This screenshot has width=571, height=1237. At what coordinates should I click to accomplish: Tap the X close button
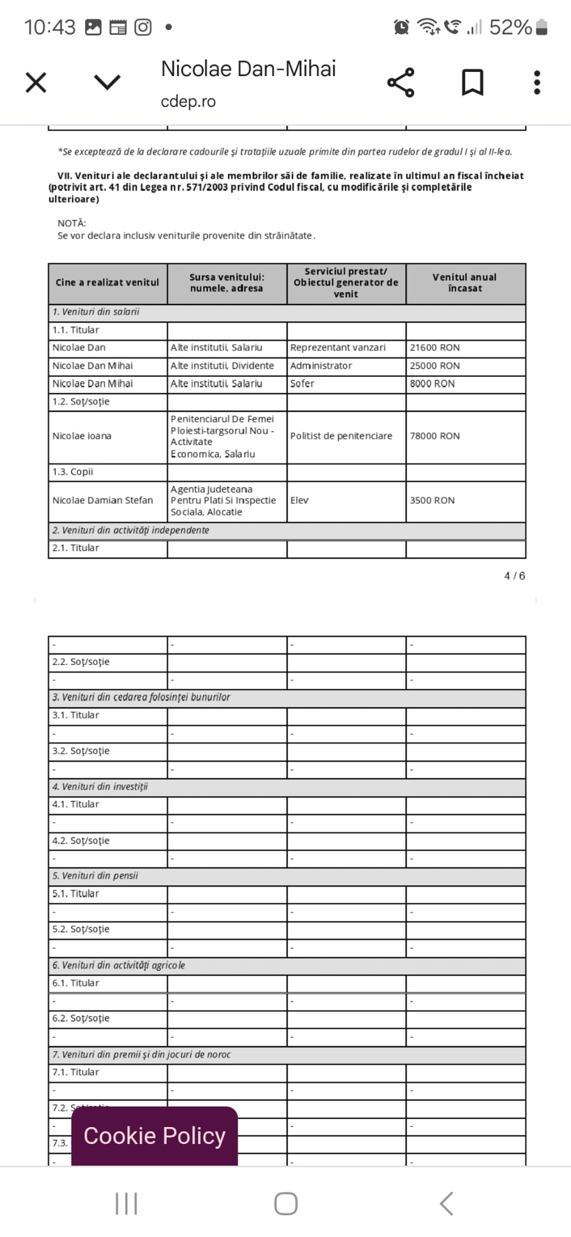coord(36,82)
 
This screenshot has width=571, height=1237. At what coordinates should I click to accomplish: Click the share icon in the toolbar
coord(401,82)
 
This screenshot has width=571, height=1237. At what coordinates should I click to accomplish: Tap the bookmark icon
coord(473,82)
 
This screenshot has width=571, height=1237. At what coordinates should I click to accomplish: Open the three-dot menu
coord(537,82)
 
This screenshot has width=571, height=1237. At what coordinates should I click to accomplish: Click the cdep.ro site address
coord(188,101)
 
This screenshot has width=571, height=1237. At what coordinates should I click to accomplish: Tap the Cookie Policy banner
coord(155,1136)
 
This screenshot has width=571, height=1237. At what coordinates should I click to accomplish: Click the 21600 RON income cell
coord(434,348)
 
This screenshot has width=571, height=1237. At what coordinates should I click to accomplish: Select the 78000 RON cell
coord(434,436)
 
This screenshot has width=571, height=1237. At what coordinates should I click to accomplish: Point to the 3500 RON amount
coord(432,500)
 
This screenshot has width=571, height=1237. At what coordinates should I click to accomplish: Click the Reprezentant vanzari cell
coord(338,348)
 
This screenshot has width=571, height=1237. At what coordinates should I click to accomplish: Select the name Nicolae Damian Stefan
coord(103,500)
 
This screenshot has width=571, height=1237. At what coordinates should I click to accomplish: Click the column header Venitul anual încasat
coord(465,283)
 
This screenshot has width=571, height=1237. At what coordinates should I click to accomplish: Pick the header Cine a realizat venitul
coord(108,283)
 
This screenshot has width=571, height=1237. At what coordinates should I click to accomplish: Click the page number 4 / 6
coord(515,576)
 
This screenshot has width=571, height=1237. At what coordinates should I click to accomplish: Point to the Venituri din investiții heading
coord(100,786)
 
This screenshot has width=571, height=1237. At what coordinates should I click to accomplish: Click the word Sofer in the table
coord(302,384)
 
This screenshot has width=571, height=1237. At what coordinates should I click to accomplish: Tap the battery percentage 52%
coord(510,27)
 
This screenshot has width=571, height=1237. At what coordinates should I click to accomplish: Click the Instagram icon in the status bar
coord(143,27)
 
